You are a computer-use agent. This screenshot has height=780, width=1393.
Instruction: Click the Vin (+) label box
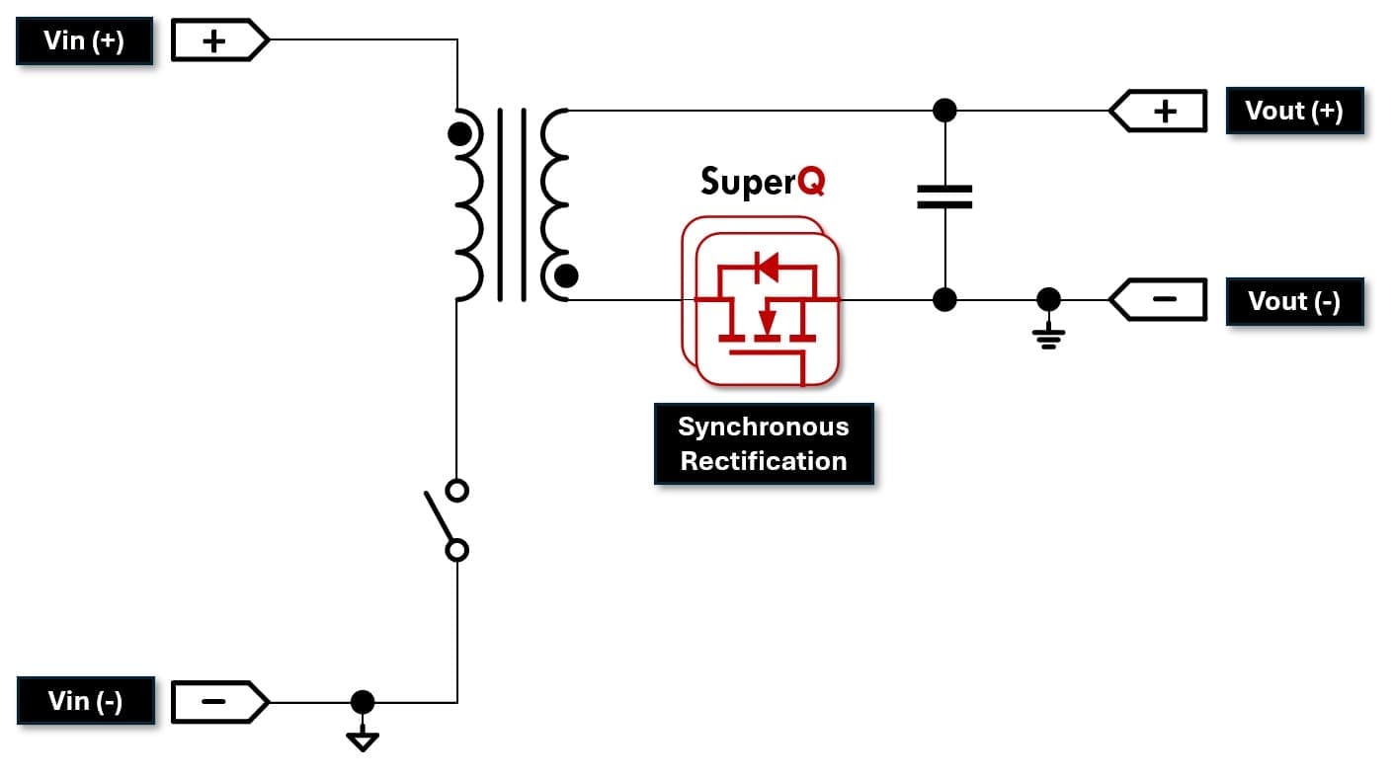(x=84, y=41)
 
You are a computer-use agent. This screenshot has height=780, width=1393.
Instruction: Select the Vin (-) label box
(x=86, y=701)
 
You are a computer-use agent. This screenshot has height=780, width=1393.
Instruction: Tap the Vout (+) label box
(x=1294, y=111)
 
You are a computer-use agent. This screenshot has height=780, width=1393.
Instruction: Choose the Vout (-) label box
(x=1294, y=301)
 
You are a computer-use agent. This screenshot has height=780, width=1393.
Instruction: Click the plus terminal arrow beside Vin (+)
(x=219, y=41)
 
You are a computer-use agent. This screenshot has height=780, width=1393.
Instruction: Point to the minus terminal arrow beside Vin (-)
(x=219, y=702)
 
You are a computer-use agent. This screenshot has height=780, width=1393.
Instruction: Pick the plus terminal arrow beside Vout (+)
(x=1159, y=111)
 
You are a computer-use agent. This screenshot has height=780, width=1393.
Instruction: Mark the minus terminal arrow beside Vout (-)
(x=1159, y=300)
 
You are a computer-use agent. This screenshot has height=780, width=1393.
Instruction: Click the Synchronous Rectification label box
(x=764, y=443)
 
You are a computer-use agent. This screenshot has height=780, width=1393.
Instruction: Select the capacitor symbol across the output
(x=944, y=196)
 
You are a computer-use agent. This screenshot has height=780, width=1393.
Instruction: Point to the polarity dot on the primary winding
(x=459, y=134)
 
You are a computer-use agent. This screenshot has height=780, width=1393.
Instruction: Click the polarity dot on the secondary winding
(x=566, y=275)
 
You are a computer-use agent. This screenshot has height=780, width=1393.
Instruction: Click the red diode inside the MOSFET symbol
(x=766, y=267)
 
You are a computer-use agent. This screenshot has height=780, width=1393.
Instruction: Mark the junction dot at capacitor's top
(x=944, y=110)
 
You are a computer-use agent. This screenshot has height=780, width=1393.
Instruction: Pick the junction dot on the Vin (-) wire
(x=363, y=702)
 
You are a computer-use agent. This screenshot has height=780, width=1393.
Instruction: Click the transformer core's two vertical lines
(x=512, y=203)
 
